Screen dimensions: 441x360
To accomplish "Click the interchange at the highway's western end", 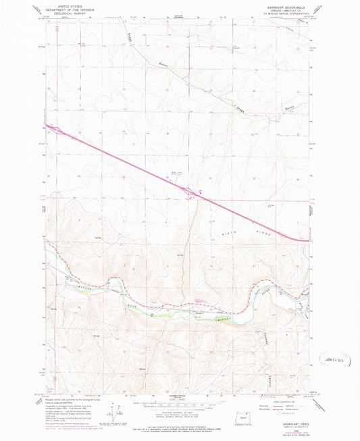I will click(57, 132).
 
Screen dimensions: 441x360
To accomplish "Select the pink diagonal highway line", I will click(135, 166).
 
